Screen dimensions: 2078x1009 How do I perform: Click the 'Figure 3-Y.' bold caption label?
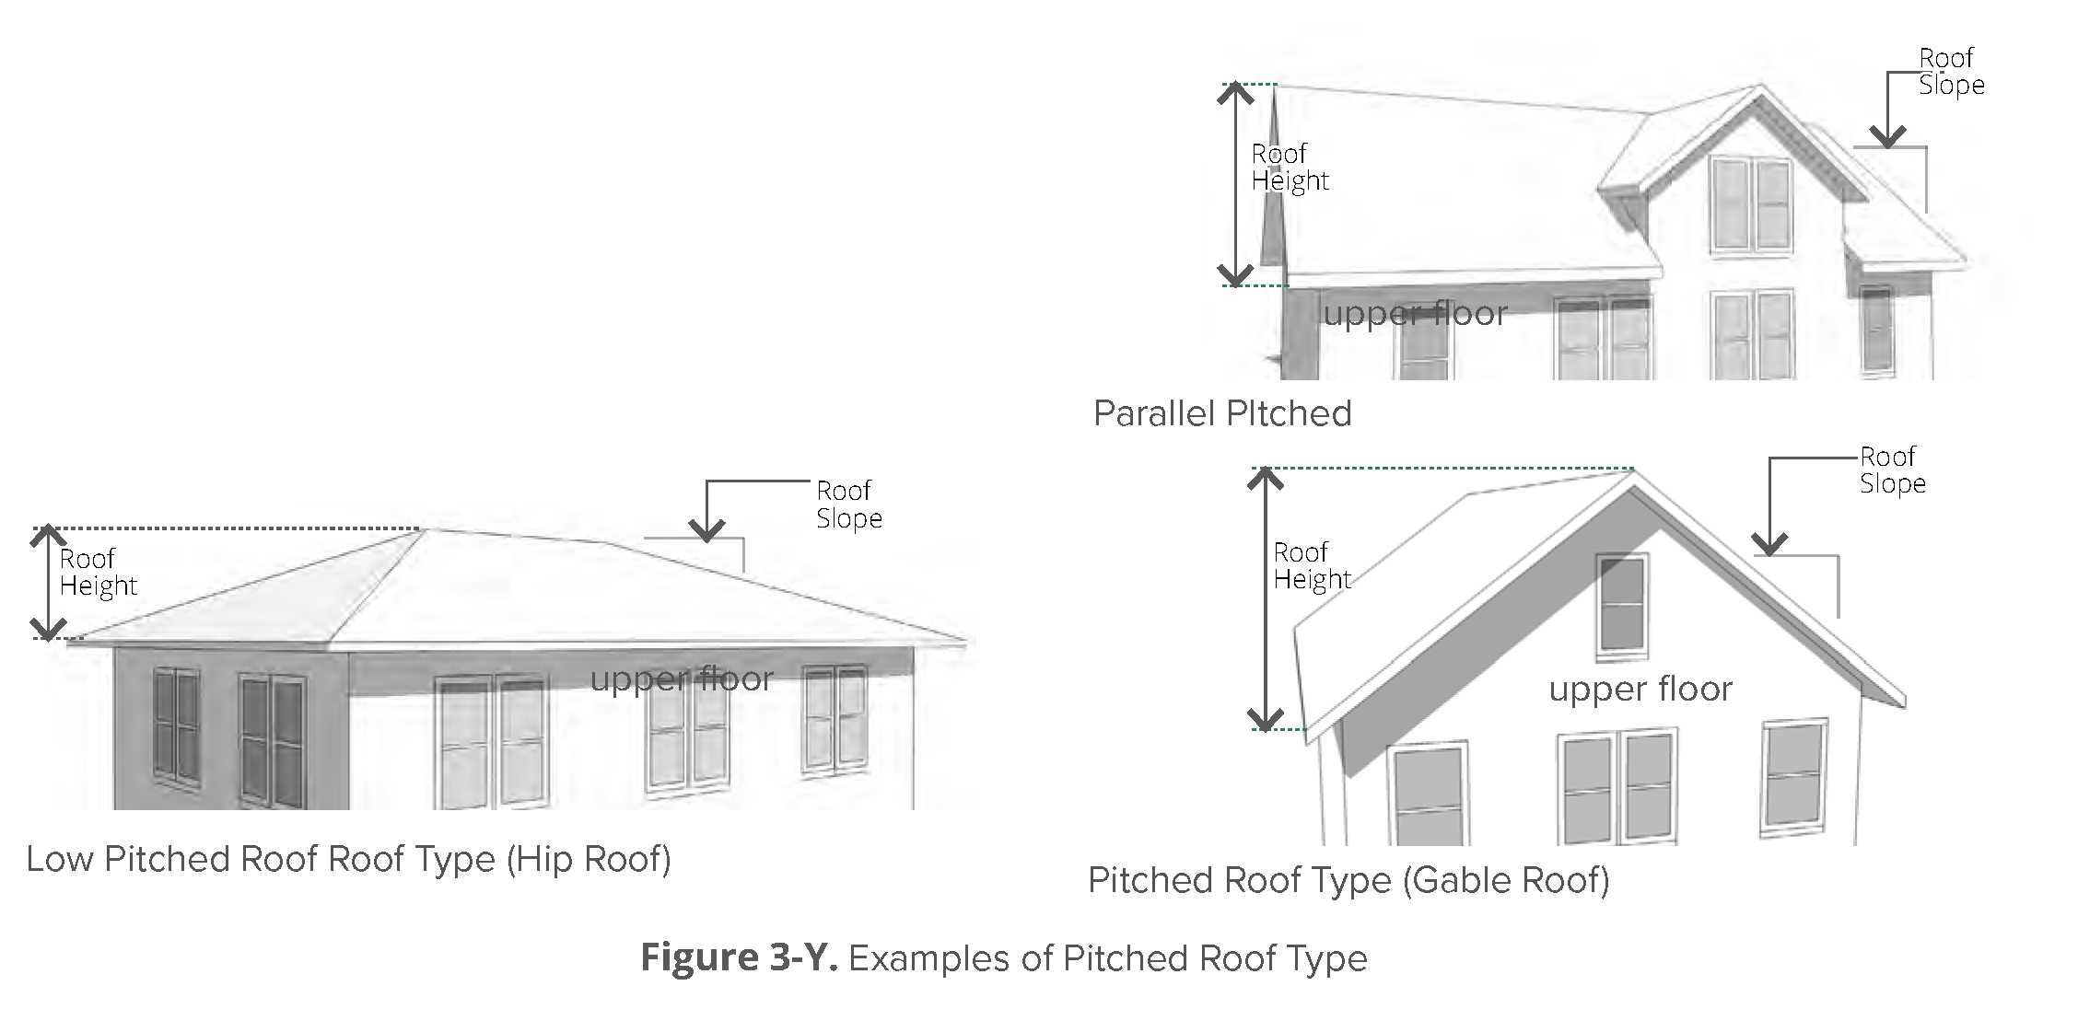point(739,957)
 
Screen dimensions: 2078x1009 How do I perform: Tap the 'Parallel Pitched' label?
point(1222,413)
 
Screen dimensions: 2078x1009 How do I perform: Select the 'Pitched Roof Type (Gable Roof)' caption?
point(1348,880)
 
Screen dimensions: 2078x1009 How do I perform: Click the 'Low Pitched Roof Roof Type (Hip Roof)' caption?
point(348,859)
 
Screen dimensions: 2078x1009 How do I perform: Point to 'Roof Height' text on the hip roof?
point(99,572)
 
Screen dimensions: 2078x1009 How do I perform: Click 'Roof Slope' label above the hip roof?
point(849,504)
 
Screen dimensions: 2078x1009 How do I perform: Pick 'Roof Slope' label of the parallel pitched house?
point(1951,71)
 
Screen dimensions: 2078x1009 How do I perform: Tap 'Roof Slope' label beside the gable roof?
point(1893,470)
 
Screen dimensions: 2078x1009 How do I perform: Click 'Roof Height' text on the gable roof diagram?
point(1312,565)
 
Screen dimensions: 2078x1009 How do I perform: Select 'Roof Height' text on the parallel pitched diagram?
point(1290,168)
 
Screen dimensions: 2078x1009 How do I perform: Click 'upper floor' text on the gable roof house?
point(1640,689)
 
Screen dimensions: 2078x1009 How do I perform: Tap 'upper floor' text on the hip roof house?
point(682,678)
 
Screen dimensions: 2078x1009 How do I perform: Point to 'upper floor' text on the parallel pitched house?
point(1415,314)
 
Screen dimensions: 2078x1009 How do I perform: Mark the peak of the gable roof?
point(1633,471)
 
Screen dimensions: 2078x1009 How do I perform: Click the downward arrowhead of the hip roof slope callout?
point(706,530)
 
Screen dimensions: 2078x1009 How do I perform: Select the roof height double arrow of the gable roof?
point(1267,599)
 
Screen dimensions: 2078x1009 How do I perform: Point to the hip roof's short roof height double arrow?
point(49,584)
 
